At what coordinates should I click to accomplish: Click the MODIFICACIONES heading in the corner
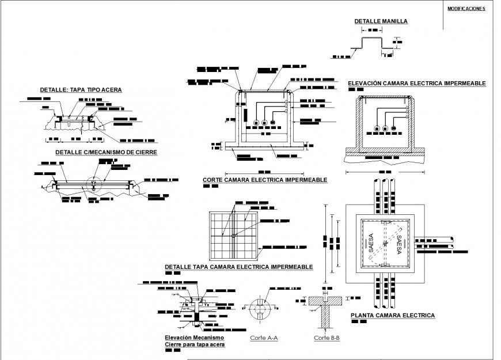pyautogui.click(x=466, y=9)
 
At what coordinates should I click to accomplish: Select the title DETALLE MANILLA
pyautogui.click(x=381, y=21)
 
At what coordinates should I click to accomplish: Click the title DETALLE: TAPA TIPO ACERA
pyautogui.click(x=81, y=90)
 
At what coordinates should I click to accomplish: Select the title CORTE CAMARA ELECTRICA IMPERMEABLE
pyautogui.click(x=265, y=180)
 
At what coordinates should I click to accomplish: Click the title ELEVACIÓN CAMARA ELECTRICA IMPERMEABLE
pyautogui.click(x=417, y=84)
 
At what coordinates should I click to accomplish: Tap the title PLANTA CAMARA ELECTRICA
pyautogui.click(x=392, y=315)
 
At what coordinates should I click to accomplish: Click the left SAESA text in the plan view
pyautogui.click(x=371, y=242)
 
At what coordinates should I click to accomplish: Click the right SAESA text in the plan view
pyautogui.click(x=398, y=242)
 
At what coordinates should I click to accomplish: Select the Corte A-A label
pyautogui.click(x=264, y=338)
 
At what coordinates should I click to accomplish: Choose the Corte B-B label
pyautogui.click(x=327, y=338)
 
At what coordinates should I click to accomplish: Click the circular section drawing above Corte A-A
pyautogui.click(x=261, y=310)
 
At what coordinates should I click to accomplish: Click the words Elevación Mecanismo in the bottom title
pyautogui.click(x=193, y=337)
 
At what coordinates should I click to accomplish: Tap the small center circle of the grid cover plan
pyautogui.click(x=234, y=235)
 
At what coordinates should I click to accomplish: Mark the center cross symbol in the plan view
pyautogui.click(x=385, y=242)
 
